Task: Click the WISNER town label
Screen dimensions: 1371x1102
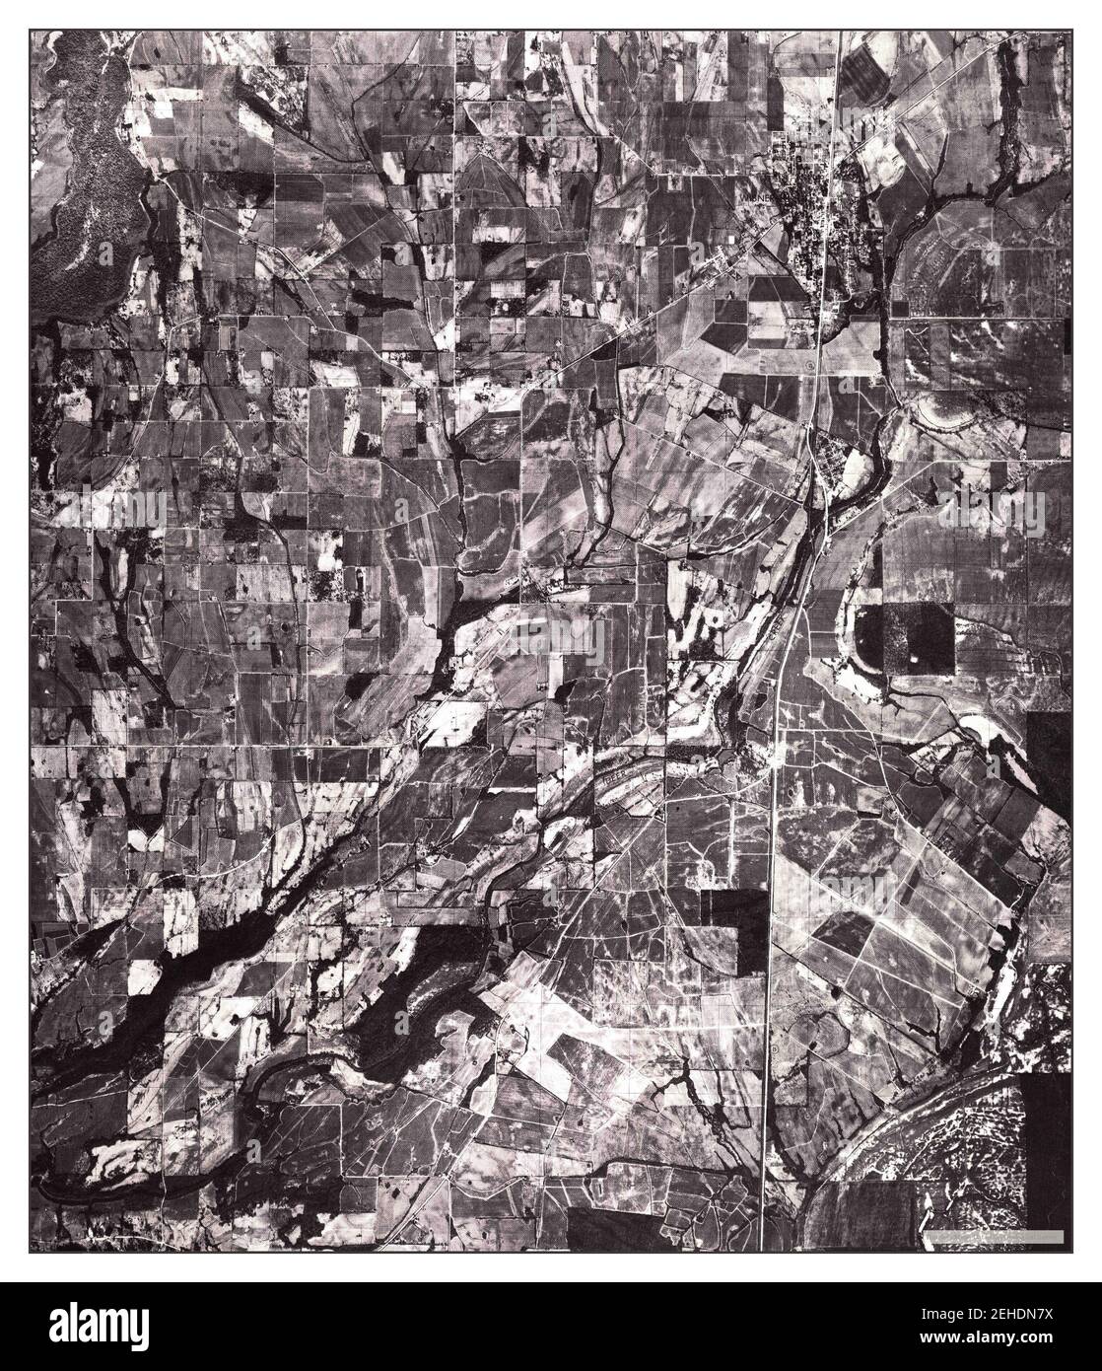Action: click(760, 194)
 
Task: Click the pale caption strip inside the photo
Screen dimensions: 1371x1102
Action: click(995, 1236)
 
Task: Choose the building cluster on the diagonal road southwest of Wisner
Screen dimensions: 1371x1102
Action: click(724, 261)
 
